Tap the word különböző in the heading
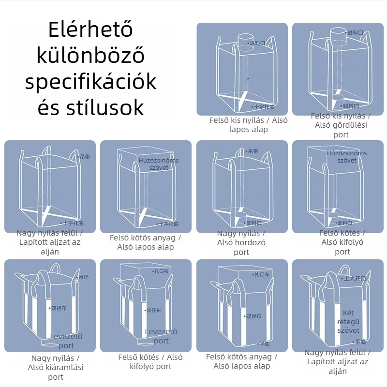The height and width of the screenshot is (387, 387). click(x=90, y=56)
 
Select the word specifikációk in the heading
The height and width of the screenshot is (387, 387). click(x=90, y=82)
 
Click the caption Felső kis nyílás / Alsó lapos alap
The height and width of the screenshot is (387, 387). click(x=248, y=124)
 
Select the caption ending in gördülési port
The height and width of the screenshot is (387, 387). click(x=341, y=125)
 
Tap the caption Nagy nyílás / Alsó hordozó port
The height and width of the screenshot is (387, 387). click(x=241, y=243)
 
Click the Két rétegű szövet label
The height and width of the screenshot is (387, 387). click(x=348, y=322)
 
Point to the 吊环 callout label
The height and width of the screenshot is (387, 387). click(x=84, y=277)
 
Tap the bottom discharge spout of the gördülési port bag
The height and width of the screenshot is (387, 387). click(x=334, y=102)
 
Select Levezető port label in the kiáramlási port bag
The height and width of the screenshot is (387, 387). click(x=66, y=341)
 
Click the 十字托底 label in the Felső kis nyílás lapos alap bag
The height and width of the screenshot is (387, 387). click(x=264, y=106)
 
